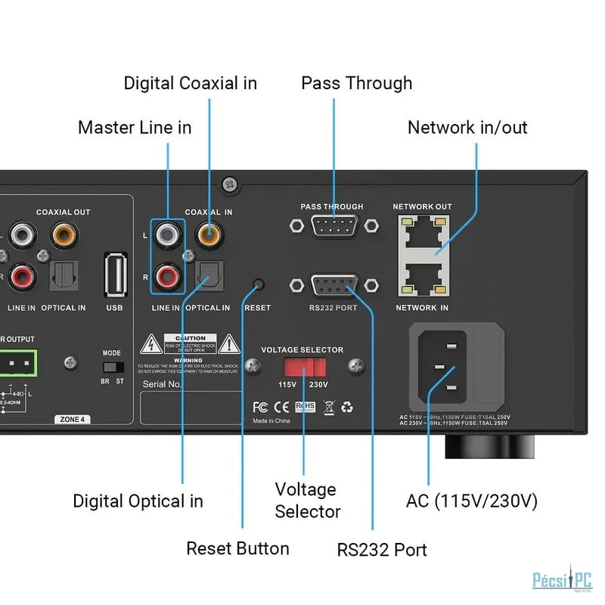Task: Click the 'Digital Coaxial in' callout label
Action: (x=191, y=83)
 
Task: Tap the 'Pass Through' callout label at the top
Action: (x=357, y=83)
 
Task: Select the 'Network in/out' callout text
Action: (x=467, y=127)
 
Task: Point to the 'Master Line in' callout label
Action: (x=135, y=127)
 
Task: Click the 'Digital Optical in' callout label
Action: (x=138, y=501)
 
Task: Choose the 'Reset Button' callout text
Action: (x=237, y=548)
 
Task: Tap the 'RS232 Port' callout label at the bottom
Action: (x=382, y=550)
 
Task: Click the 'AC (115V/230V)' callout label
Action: (x=472, y=501)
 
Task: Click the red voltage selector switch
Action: (x=304, y=368)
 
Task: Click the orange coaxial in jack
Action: (x=209, y=234)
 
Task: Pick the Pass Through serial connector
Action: (x=333, y=225)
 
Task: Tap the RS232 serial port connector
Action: (x=333, y=286)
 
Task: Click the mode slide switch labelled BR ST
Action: (x=112, y=365)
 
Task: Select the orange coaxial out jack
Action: (x=63, y=234)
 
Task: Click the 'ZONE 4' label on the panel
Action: (x=73, y=419)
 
